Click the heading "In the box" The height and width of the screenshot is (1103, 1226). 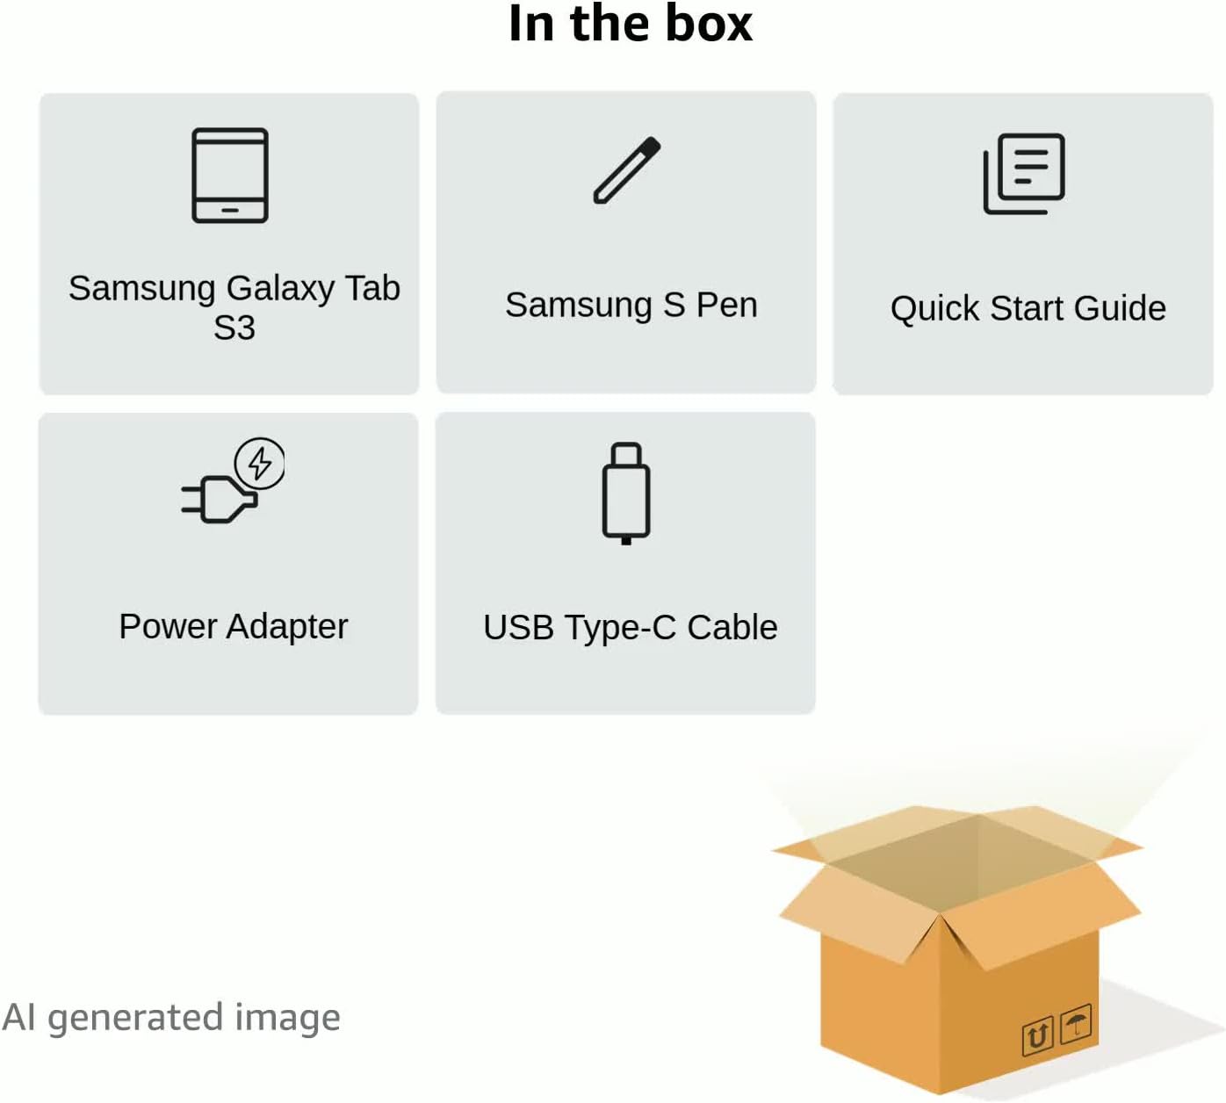(x=630, y=24)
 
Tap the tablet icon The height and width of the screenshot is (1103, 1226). (x=230, y=176)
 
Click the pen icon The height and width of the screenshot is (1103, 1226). (x=626, y=170)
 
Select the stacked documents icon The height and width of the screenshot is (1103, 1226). (x=1024, y=174)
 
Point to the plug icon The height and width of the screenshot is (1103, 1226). (x=220, y=498)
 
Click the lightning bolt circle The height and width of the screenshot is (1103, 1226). (x=260, y=463)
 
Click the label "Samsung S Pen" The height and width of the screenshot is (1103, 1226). (x=631, y=305)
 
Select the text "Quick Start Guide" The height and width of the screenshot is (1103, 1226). (x=1028, y=308)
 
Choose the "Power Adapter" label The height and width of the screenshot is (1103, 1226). (x=233, y=627)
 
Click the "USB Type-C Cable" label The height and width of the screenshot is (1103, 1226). (x=630, y=628)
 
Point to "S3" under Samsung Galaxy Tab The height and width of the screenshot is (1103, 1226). (x=234, y=328)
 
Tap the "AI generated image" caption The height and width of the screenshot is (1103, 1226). (x=171, y=1018)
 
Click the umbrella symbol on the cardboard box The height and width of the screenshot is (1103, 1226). (x=1076, y=1024)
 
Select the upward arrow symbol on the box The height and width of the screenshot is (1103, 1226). (x=1037, y=1036)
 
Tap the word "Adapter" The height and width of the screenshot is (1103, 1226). (x=287, y=627)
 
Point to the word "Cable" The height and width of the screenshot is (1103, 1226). (x=732, y=628)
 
